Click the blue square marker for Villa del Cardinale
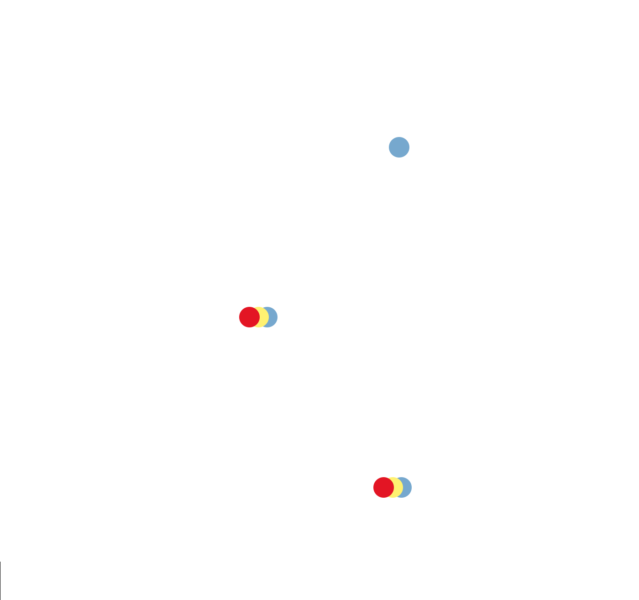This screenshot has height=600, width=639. click(399, 147)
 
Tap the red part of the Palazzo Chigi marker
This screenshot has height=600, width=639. click(246, 317)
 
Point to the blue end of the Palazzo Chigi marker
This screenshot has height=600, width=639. click(273, 317)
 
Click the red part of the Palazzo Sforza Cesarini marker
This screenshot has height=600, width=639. click(381, 488)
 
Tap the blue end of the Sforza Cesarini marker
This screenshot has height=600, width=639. click(408, 488)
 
